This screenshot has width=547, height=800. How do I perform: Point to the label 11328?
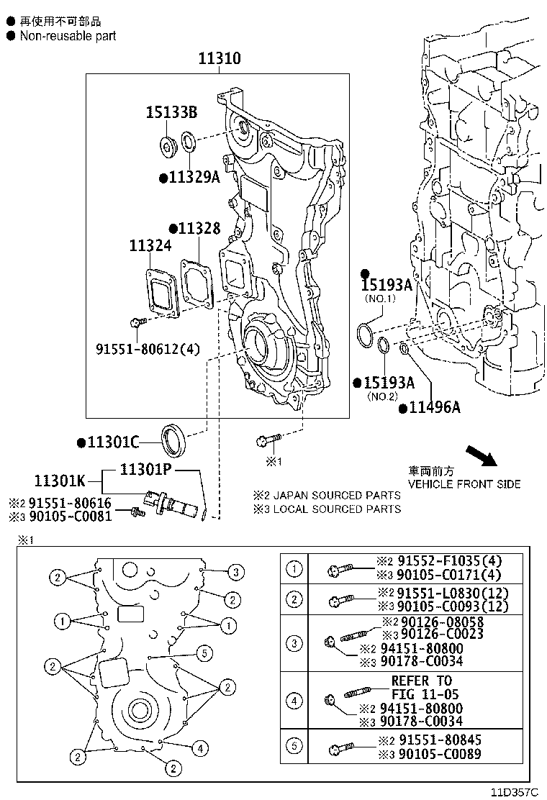199,228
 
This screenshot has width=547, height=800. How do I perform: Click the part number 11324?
150,246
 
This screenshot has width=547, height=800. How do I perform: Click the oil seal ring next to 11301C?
174,441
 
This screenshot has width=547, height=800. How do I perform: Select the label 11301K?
60,480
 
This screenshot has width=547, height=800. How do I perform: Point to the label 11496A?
434,408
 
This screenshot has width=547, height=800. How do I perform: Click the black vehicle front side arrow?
481,456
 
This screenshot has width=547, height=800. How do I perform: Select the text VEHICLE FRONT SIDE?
464,484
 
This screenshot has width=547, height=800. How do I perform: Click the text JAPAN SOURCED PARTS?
335,495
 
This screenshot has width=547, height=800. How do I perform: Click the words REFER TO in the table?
422,681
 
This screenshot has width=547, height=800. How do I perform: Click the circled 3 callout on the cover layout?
235,573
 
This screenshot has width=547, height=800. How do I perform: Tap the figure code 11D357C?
515,792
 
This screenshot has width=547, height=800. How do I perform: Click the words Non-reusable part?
68,35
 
